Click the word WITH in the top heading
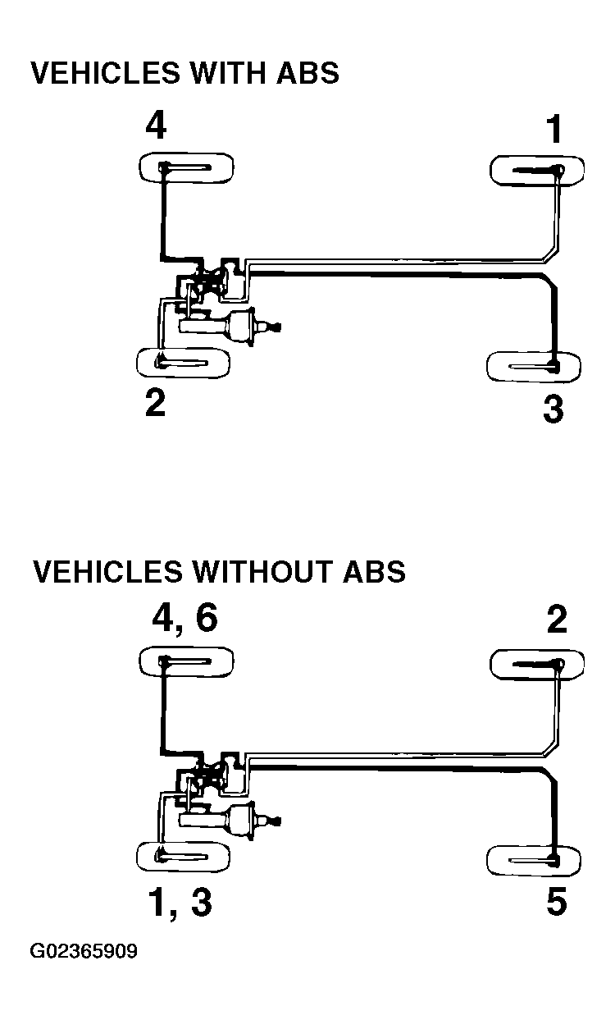[x=227, y=73]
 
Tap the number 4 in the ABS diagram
[x=156, y=126]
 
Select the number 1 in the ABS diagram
[x=554, y=129]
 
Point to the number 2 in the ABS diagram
[x=155, y=403]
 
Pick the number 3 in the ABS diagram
[x=553, y=409]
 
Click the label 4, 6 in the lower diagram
[x=184, y=619]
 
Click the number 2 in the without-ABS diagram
[x=557, y=619]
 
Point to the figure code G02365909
[x=84, y=951]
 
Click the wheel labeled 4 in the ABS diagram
[x=186, y=168]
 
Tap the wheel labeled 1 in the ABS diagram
[x=537, y=171]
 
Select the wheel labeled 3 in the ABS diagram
[x=534, y=366]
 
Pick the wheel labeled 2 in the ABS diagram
[x=183, y=363]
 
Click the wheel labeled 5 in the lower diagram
[x=534, y=860]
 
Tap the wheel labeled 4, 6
[x=186, y=661]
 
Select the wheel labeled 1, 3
[x=183, y=857]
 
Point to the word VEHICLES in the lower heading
[x=107, y=571]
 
